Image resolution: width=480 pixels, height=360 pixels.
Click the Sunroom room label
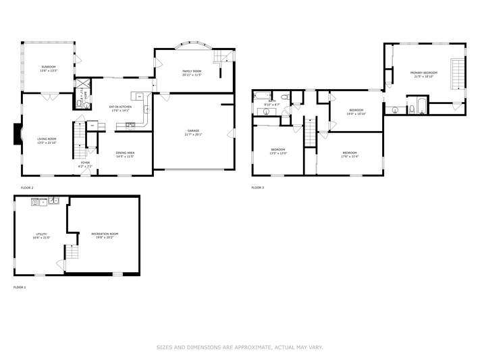click(48, 68)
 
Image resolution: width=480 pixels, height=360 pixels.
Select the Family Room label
click(192, 72)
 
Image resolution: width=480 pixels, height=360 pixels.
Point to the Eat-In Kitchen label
click(120, 107)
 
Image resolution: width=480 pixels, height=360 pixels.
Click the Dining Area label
click(125, 155)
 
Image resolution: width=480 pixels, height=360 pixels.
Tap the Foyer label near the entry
click(85, 163)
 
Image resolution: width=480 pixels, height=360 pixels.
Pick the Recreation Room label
click(103, 236)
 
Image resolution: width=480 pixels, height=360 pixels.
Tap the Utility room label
click(41, 236)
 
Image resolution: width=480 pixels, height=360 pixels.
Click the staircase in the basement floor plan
click(72, 254)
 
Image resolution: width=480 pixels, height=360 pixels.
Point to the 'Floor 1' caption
click(20, 287)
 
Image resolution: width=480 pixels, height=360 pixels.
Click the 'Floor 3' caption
click(258, 187)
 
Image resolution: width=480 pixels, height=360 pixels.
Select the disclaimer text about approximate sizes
click(240, 347)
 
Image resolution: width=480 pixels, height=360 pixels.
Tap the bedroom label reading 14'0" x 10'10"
click(356, 112)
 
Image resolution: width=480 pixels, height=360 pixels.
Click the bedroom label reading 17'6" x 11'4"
click(349, 154)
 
